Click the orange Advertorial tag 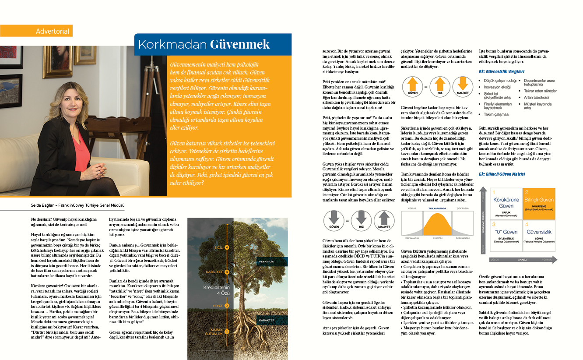coord(36,31)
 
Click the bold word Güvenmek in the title coord(239,44)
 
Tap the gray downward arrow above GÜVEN coord(333,218)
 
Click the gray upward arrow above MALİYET coord(383,218)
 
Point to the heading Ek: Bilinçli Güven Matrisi coord(504,174)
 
